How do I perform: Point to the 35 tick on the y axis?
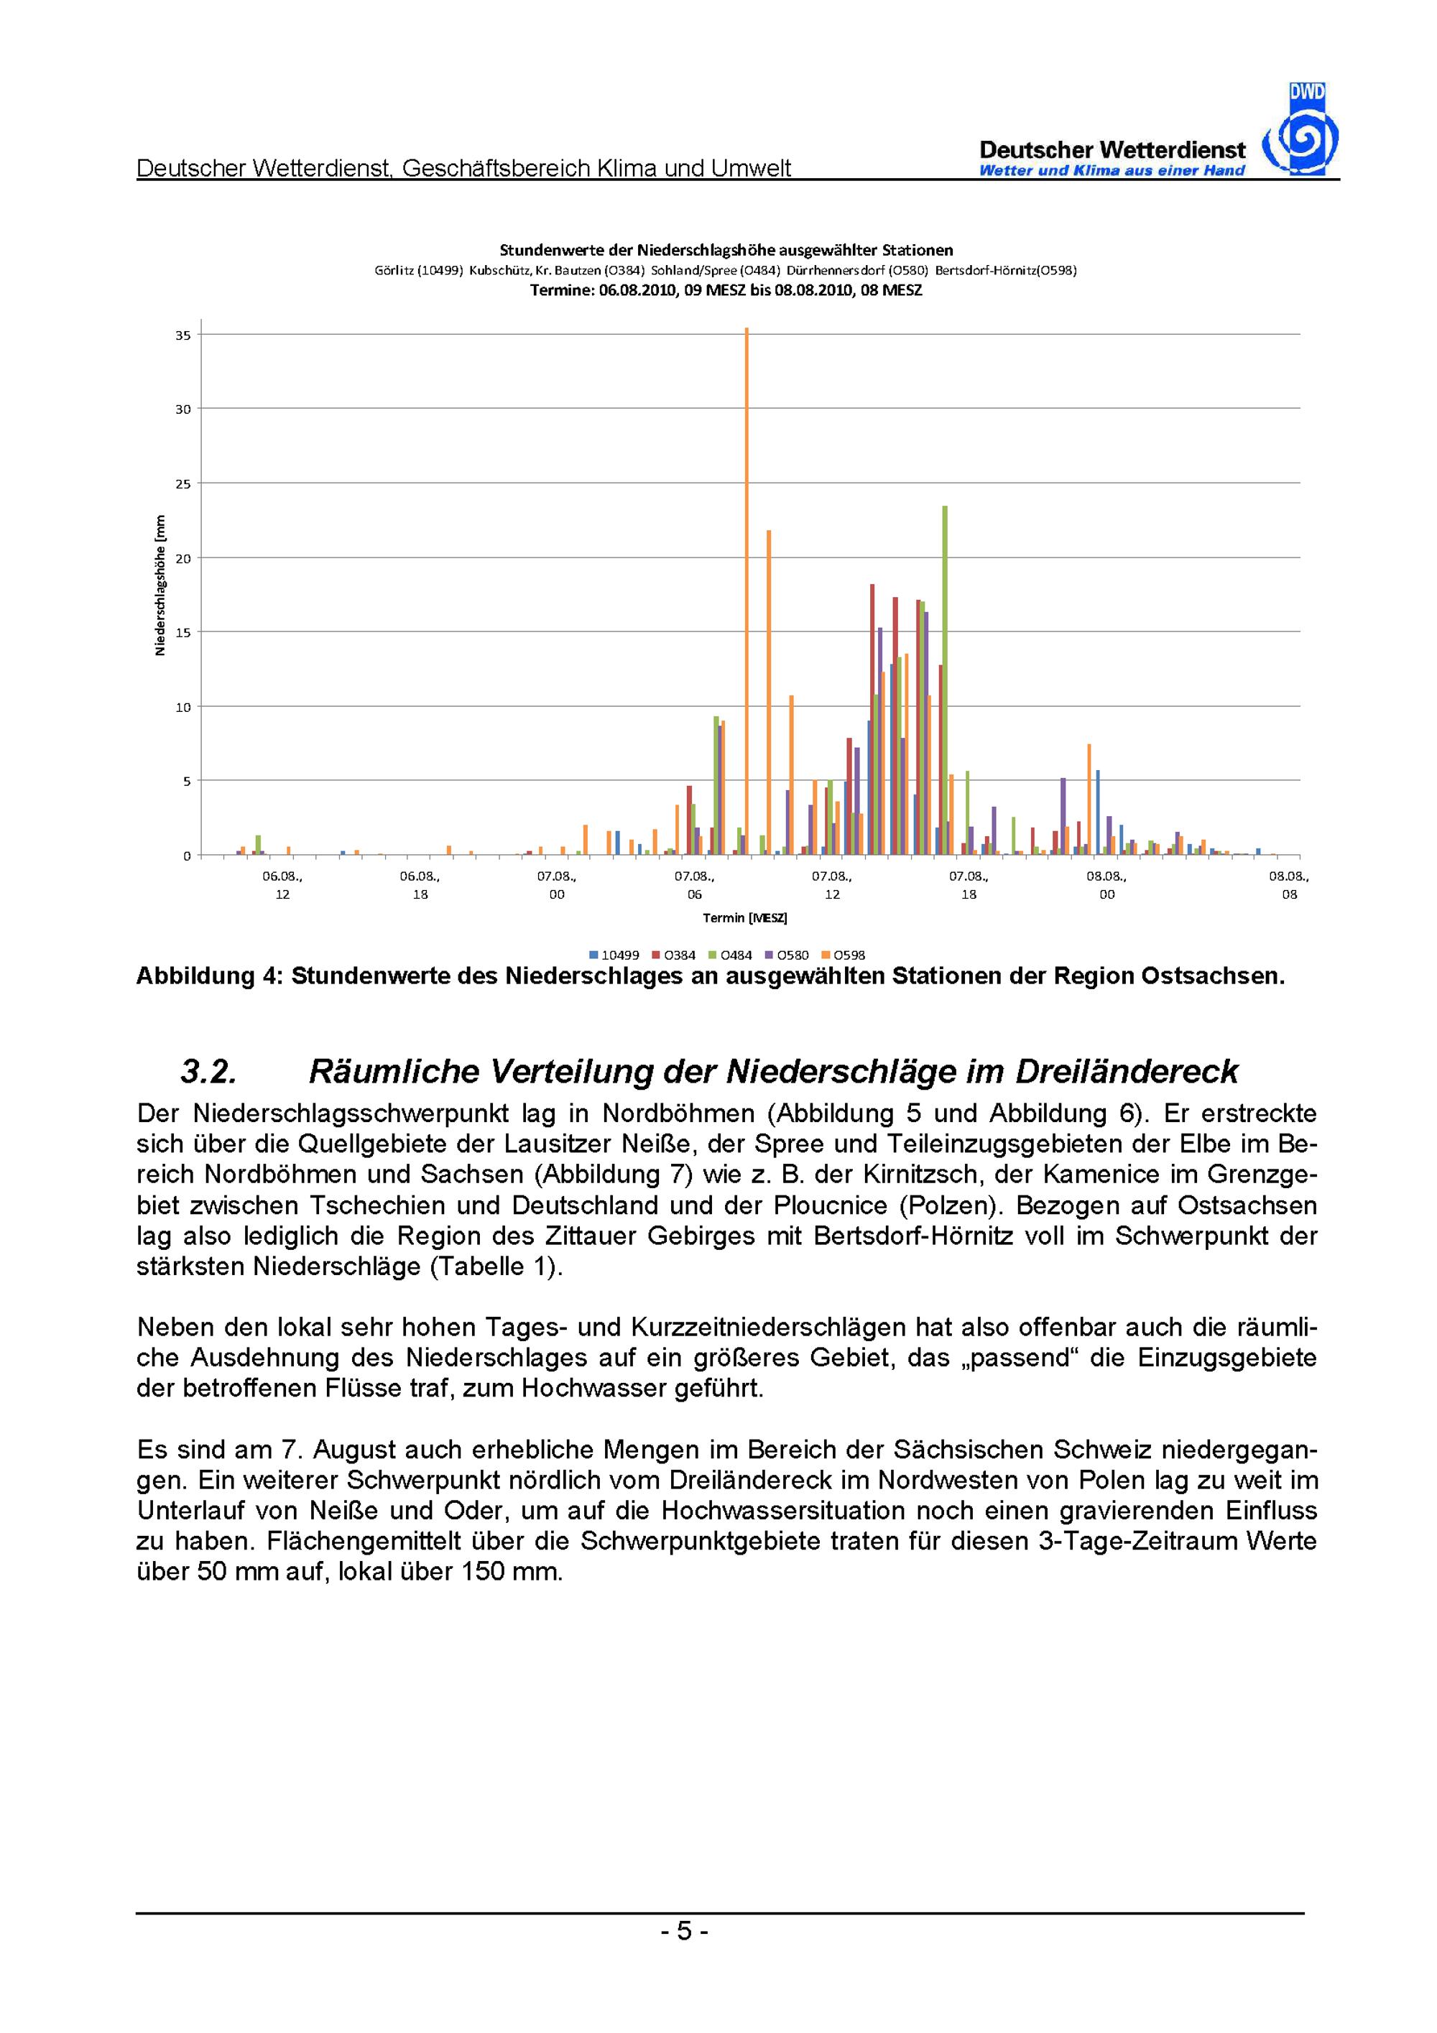pyautogui.click(x=183, y=335)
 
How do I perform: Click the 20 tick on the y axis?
pyautogui.click(x=183, y=559)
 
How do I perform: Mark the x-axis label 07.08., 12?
pyautogui.click(x=831, y=884)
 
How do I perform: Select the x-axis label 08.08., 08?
pyautogui.click(x=1288, y=884)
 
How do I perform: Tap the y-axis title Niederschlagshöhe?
pyautogui.click(x=160, y=585)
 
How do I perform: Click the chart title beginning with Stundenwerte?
pyautogui.click(x=726, y=251)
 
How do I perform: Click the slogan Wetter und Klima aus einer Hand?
pyautogui.click(x=1112, y=171)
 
